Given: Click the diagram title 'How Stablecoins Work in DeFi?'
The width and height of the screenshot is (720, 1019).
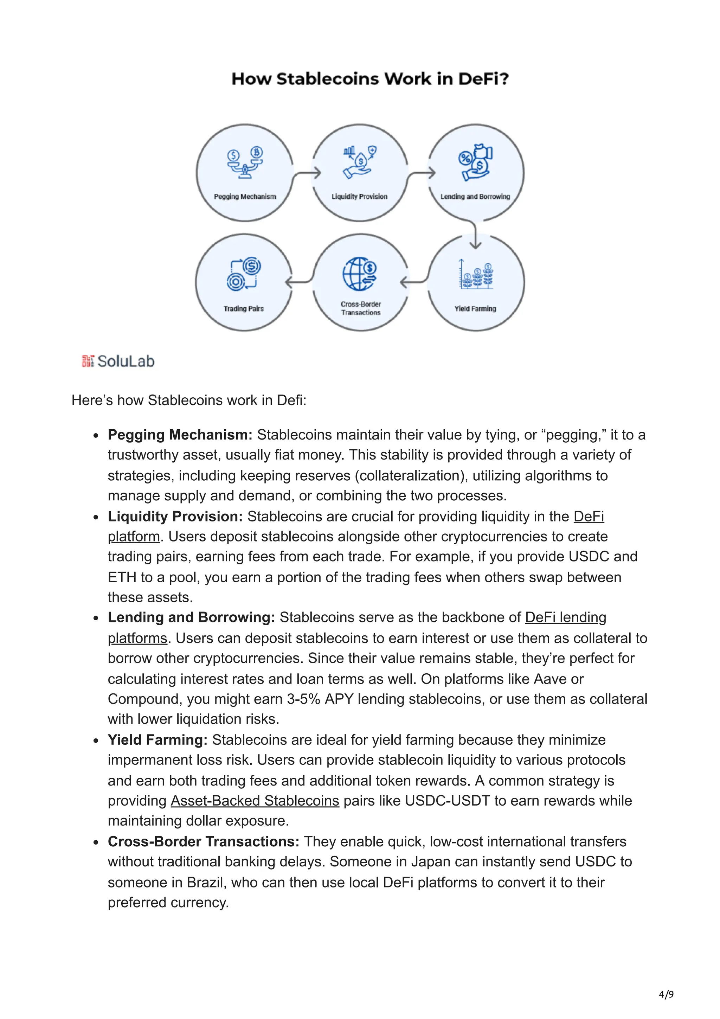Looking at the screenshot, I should point(369,79).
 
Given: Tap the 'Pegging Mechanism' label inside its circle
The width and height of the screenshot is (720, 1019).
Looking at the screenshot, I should point(245,197).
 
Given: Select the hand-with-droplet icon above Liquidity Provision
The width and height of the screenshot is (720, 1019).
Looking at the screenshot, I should point(360,162).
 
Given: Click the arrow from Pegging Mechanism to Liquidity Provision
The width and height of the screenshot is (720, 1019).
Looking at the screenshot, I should point(307,174).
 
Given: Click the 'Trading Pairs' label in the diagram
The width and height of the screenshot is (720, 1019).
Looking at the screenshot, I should point(244,308).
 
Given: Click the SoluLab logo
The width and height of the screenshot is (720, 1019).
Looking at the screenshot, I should point(118,361).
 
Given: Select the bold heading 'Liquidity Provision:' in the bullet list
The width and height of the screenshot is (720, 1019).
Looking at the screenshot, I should point(175,516).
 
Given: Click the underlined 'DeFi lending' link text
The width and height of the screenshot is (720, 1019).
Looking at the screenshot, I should point(565,617).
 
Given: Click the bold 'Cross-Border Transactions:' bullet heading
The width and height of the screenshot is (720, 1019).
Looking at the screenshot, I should point(203,841).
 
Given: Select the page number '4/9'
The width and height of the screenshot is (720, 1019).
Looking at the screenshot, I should point(666,994).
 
